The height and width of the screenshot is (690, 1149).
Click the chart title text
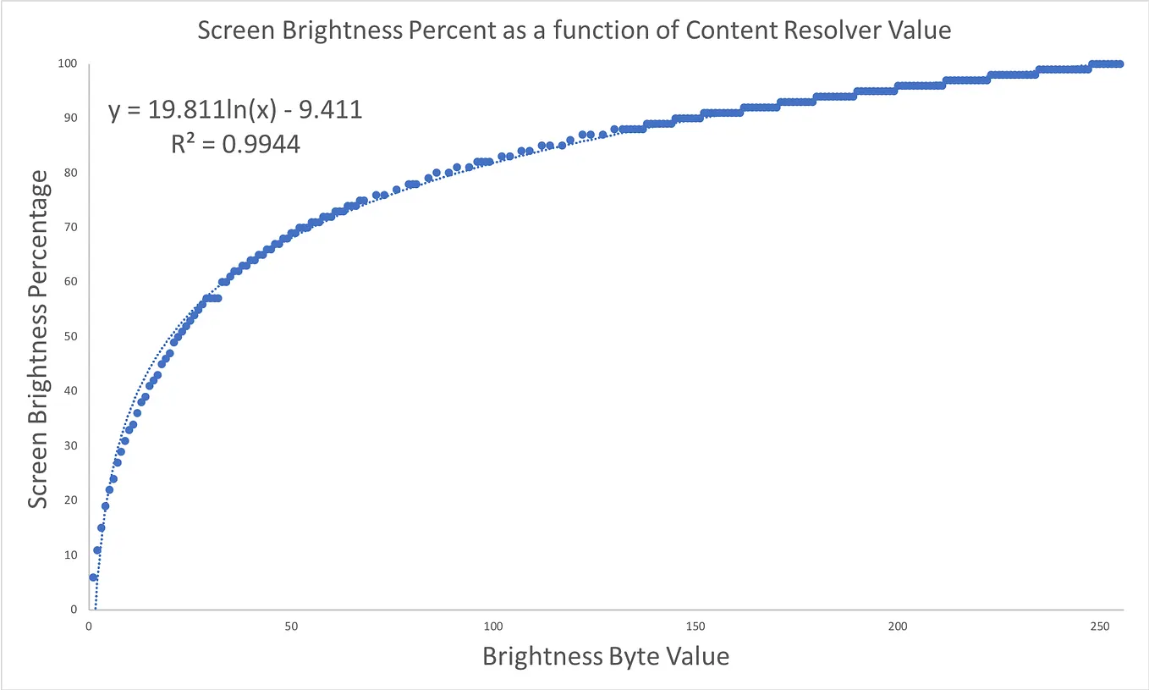pos(574,31)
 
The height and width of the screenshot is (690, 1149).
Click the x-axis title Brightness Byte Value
pos(606,656)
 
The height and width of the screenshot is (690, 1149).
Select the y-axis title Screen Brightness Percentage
pos(38,339)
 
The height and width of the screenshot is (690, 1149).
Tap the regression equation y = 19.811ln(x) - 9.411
pos(235,110)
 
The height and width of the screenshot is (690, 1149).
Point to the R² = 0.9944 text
pos(235,145)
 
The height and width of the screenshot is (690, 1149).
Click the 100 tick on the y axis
pos(69,64)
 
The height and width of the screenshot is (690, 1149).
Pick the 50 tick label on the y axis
pos(71,337)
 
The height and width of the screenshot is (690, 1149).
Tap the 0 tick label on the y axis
pos(74,610)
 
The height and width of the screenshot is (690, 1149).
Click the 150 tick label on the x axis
pos(695,627)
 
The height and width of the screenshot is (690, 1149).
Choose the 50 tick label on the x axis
pos(291,627)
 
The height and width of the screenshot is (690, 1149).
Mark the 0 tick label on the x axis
pos(89,627)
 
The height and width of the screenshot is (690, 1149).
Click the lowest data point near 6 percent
pos(93,577)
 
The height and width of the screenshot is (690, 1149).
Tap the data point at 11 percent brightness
pos(97,550)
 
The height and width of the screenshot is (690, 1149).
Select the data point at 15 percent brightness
pos(102,527)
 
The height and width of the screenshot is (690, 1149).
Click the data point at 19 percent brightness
pos(106,506)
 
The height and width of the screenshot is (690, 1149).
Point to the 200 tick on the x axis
pos(898,627)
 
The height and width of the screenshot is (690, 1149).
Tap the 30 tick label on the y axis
pos(71,446)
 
